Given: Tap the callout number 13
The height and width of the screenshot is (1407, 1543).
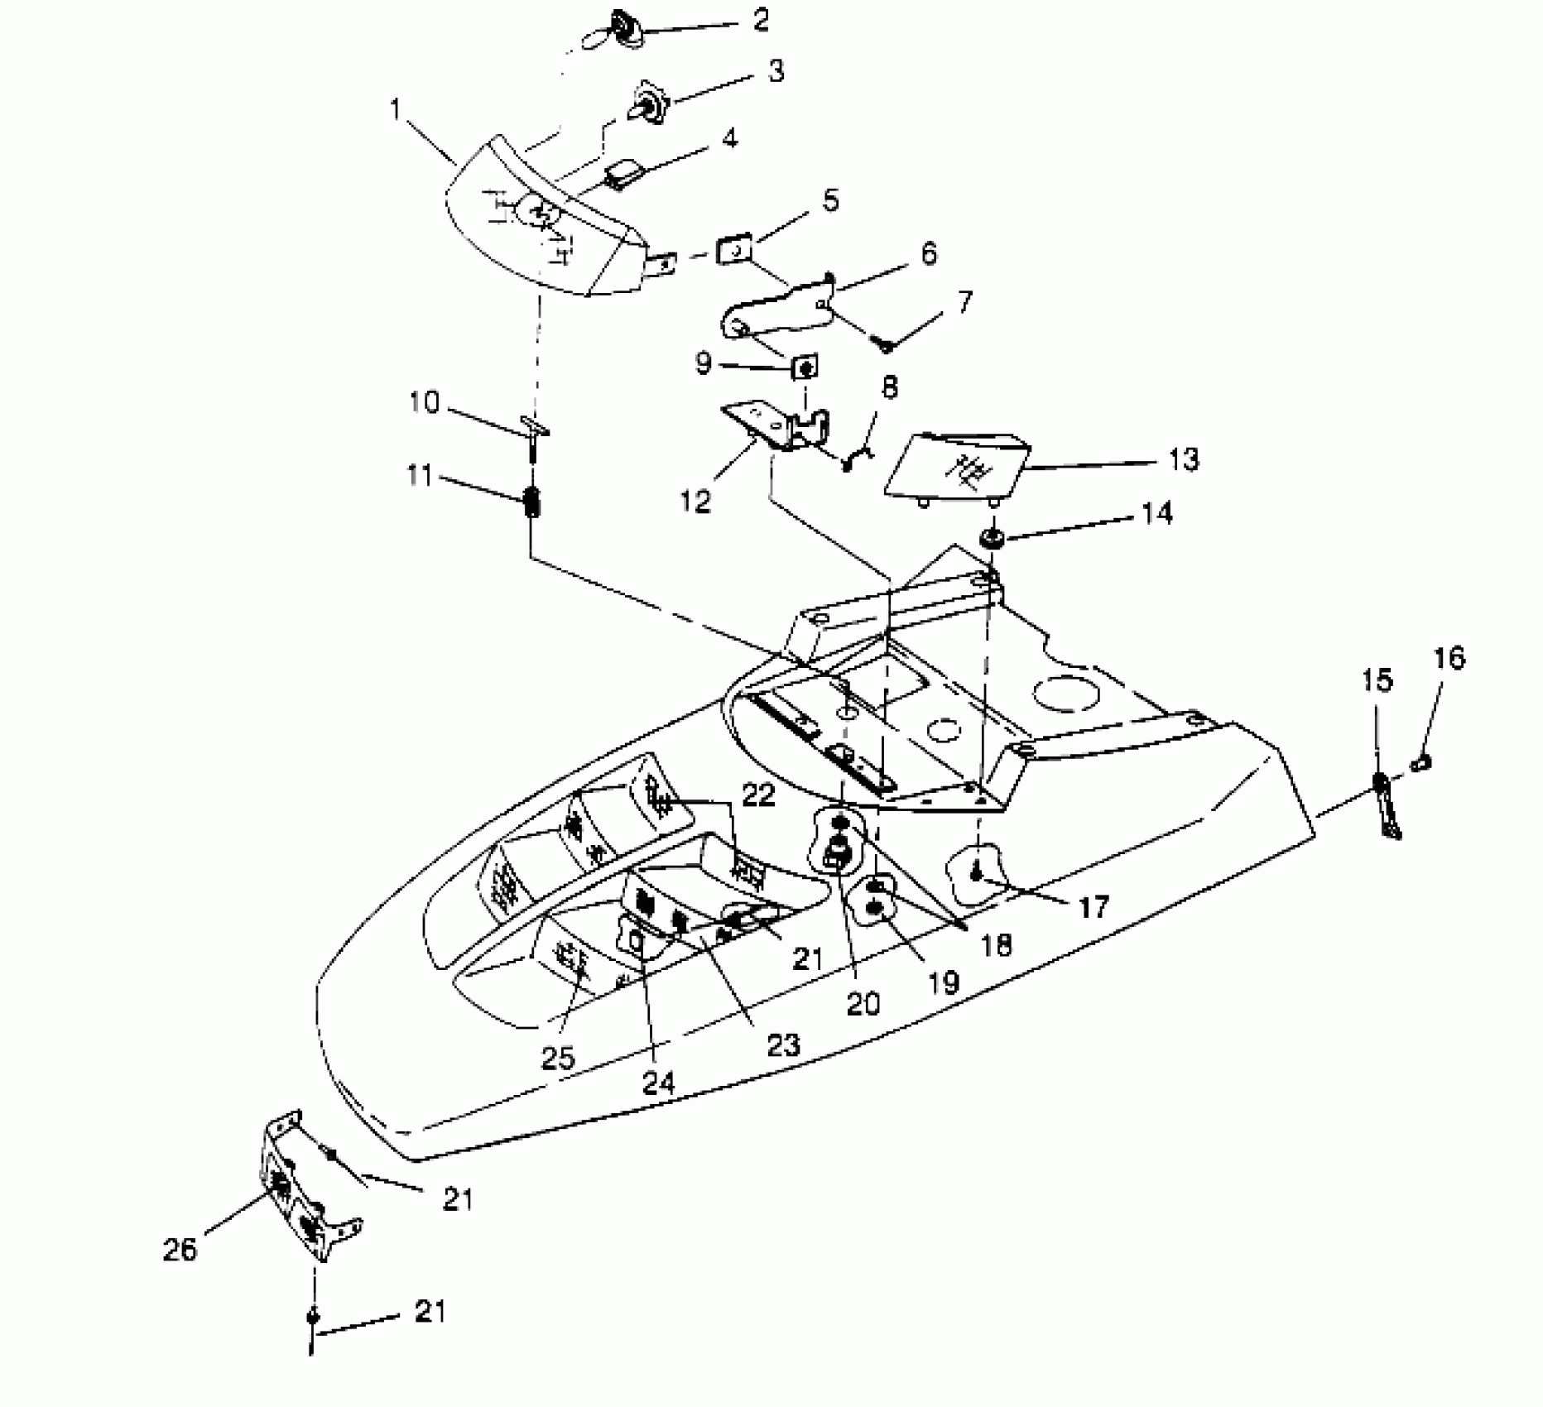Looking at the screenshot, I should (x=1184, y=459).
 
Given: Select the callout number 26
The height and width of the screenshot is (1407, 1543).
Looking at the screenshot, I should (x=180, y=1249).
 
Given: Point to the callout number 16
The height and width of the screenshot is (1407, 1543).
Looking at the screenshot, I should (x=1449, y=659).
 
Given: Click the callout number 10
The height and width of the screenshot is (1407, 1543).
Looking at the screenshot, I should (x=424, y=403).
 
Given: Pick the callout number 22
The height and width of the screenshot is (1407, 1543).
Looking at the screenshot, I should (x=758, y=795).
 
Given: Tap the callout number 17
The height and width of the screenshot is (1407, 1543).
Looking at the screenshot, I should (x=1094, y=908).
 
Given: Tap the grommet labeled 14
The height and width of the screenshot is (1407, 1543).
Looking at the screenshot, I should (x=991, y=539).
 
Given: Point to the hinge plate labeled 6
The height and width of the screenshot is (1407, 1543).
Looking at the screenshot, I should (x=774, y=307).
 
